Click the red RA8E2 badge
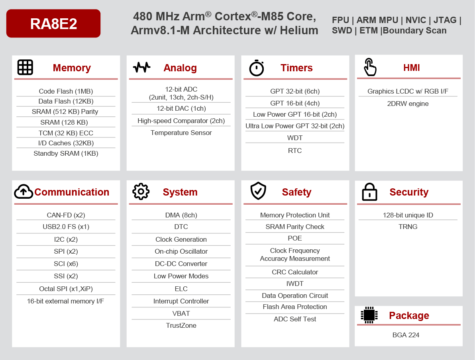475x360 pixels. click(x=53, y=24)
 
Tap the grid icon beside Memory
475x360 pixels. click(x=25, y=67)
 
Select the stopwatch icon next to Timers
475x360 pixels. click(x=257, y=68)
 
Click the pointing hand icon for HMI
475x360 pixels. click(x=370, y=67)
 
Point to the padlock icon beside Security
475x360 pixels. click(x=369, y=192)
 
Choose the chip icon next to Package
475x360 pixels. click(x=369, y=315)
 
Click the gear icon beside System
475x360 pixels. click(x=141, y=192)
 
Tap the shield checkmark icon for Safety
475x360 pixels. click(x=258, y=191)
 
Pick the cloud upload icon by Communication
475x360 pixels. click(x=24, y=192)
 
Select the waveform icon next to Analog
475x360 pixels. click(x=141, y=67)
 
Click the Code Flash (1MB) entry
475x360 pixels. click(x=66, y=91)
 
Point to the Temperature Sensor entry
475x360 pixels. click(x=181, y=133)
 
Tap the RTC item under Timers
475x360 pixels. click(x=295, y=151)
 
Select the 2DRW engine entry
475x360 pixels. click(x=408, y=104)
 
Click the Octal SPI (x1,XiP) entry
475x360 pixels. click(x=66, y=289)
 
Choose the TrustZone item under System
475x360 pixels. click(x=181, y=325)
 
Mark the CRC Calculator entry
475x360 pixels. click(x=295, y=272)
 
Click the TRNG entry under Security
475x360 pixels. click(x=408, y=227)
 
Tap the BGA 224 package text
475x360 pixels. click(x=406, y=335)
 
